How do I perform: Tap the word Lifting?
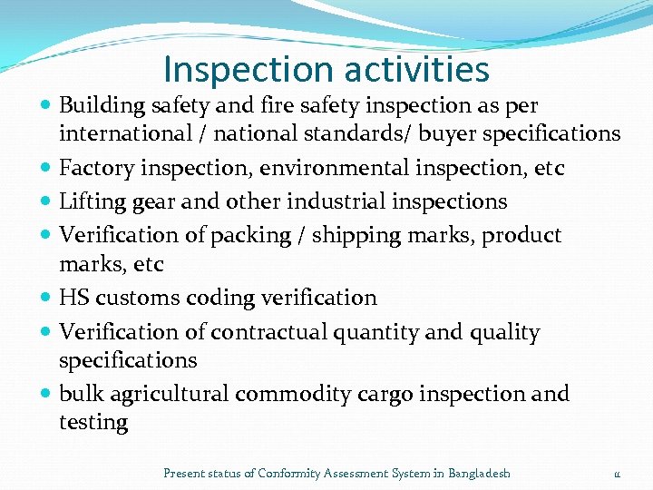pyautogui.click(x=89, y=201)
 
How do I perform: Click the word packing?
pyautogui.click(x=244, y=236)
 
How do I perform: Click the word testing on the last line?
pyautogui.click(x=93, y=423)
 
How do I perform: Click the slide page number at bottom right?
pyautogui.click(x=617, y=474)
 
